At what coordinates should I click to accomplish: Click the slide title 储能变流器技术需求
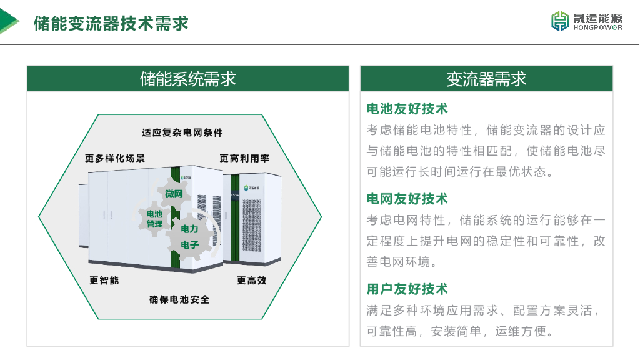[111, 23]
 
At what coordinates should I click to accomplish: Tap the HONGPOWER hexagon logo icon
[560, 21]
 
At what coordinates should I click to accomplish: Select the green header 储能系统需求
[187, 78]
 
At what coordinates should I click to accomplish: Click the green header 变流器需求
[486, 78]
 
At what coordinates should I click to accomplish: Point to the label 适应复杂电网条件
[182, 132]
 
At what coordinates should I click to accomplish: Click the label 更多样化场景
[115, 158]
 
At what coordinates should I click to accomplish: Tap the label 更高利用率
[244, 158]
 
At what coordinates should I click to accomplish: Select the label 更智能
[104, 281]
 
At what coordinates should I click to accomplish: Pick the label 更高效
[252, 281]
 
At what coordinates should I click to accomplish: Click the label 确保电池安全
[179, 299]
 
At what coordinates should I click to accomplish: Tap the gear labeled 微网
[174, 194]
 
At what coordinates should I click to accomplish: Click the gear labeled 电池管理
[154, 219]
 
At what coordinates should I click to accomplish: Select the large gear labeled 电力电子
[190, 237]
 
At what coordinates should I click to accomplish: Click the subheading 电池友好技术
[407, 109]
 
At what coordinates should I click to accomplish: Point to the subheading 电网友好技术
[407, 199]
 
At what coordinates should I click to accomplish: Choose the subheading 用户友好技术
[407, 289]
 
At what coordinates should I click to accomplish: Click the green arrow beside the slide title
[9, 21]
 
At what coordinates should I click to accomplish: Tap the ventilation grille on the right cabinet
[252, 225]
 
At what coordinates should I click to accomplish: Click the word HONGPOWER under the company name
[598, 27]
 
